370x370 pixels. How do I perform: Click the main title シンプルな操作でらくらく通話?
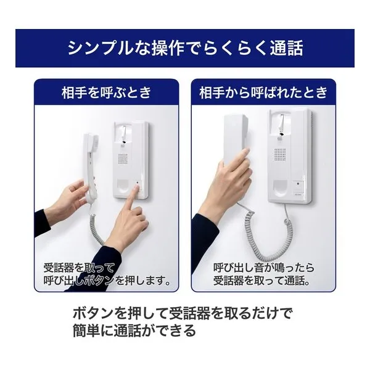(185, 48)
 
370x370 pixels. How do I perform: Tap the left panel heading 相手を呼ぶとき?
(107, 92)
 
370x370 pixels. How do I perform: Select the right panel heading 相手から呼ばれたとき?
(263, 92)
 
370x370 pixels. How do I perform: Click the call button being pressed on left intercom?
(138, 183)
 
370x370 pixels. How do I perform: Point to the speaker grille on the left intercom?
(123, 158)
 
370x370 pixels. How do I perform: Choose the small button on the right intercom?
(298, 184)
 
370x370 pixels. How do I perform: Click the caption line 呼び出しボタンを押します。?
(107, 281)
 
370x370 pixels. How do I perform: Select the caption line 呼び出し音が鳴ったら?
(264, 268)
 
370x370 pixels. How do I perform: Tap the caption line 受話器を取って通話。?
(261, 281)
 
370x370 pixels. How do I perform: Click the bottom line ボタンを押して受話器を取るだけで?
(183, 313)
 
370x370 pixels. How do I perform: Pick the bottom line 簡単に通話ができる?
(134, 331)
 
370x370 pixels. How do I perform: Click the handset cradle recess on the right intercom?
(281, 187)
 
